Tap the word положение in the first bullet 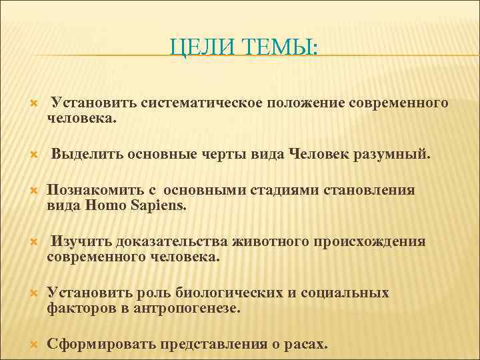click(x=307, y=103)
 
